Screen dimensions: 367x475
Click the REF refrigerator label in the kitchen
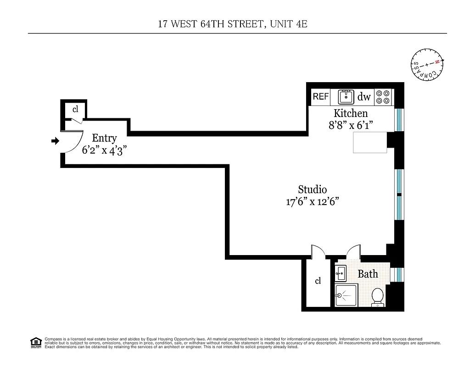(321, 97)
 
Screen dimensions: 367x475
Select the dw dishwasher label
(364, 97)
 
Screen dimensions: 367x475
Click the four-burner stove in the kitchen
(384, 97)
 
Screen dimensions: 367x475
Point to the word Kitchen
(351, 113)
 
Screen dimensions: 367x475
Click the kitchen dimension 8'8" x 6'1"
(351, 125)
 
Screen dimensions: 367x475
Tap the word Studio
(313, 189)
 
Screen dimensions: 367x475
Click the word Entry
(105, 138)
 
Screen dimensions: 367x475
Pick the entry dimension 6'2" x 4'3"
(104, 150)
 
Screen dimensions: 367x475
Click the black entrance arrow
(55, 141)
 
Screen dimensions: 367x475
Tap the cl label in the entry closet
(76, 110)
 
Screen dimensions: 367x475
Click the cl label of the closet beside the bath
(318, 281)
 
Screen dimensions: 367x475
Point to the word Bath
(368, 274)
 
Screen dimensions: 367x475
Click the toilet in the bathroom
(378, 296)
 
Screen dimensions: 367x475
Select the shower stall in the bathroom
(346, 295)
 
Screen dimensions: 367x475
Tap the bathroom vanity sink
(340, 274)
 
